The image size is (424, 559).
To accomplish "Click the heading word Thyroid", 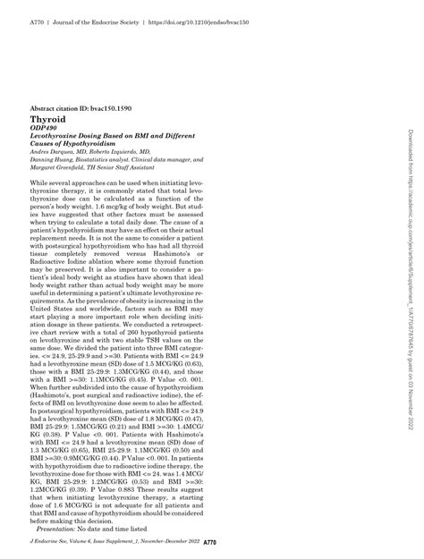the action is click(46, 118).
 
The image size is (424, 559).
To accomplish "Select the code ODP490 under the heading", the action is click(44, 128).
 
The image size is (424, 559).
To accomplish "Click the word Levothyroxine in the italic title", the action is click(55, 136).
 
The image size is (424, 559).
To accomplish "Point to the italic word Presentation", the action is click(57, 527).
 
